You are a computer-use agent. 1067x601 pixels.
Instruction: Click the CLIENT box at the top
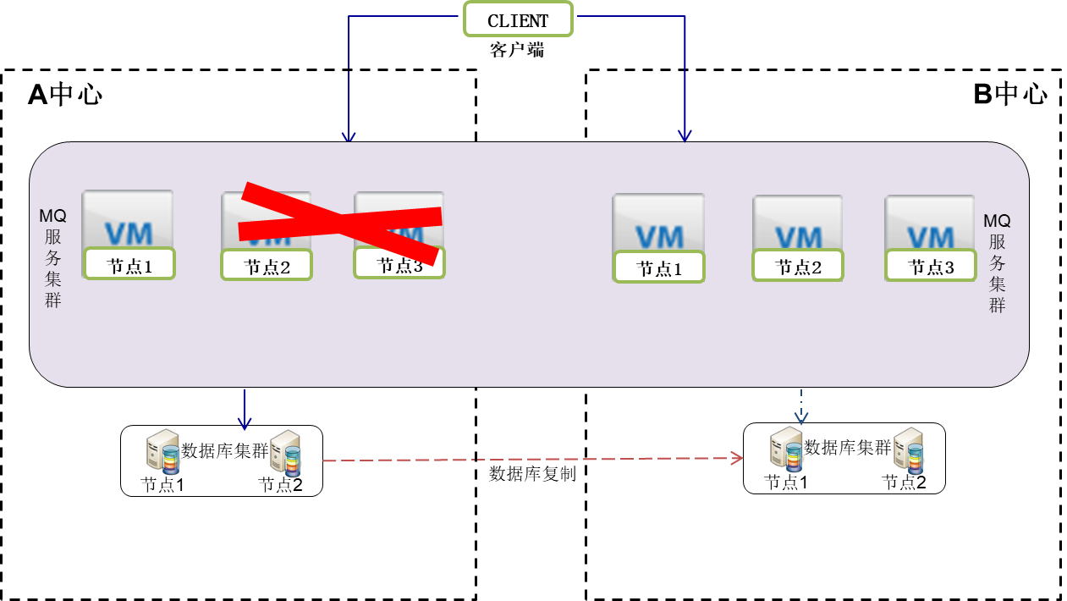tap(518, 19)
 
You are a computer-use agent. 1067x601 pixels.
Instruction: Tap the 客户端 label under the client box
tap(517, 50)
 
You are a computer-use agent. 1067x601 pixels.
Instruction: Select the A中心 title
tap(65, 94)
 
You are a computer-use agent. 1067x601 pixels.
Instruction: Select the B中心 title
tap(1009, 93)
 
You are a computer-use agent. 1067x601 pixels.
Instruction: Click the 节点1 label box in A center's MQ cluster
tap(129, 263)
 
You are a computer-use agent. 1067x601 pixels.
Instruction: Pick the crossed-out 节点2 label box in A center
tap(267, 264)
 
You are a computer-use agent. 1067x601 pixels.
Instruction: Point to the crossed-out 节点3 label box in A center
tap(399, 262)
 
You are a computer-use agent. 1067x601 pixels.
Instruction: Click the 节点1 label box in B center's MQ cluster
tap(659, 267)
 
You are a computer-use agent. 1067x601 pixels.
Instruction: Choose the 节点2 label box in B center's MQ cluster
tap(798, 266)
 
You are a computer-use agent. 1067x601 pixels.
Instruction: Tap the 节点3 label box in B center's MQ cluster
tap(931, 265)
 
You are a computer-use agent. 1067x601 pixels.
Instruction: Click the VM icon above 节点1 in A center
tap(128, 219)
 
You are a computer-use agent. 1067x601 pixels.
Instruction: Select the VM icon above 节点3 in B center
tap(930, 223)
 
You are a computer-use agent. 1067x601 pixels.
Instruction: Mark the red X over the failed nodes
tap(340, 223)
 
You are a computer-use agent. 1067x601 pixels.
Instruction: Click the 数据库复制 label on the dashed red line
tap(532, 474)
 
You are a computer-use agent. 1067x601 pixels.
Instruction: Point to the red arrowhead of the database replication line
tap(737, 458)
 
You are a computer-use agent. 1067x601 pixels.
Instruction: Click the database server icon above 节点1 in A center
tap(162, 451)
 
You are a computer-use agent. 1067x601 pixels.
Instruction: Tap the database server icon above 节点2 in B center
tap(909, 449)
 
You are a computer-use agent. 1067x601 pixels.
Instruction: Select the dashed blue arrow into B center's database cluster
tap(801, 406)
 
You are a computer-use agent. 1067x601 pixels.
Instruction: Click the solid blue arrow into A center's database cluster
tap(245, 410)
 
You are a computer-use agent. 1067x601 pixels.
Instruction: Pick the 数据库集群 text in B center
tap(847, 448)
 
